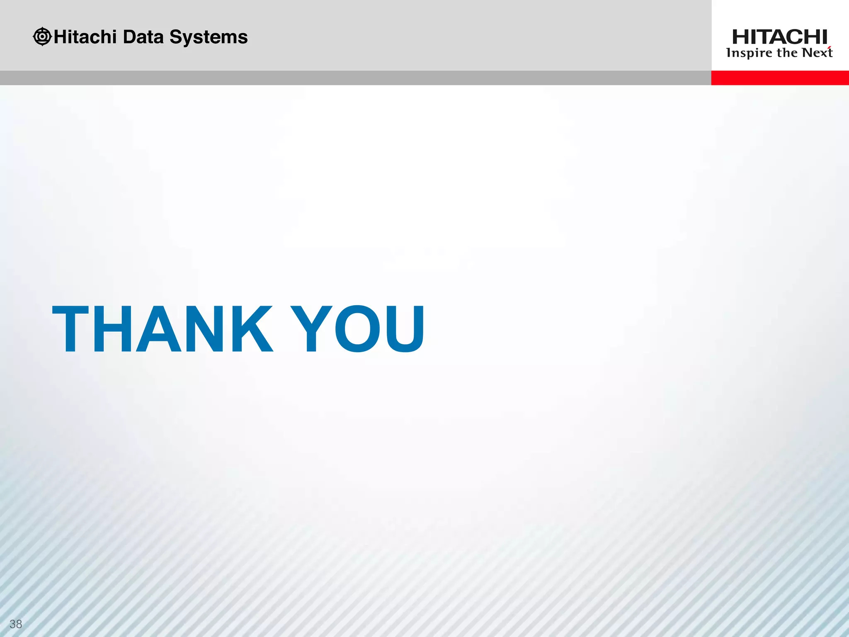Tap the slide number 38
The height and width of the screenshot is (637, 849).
(x=16, y=624)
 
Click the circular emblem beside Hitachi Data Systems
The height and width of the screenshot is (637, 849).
(x=42, y=36)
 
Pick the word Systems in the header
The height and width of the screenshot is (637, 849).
(x=209, y=37)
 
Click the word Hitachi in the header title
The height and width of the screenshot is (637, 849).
(x=85, y=37)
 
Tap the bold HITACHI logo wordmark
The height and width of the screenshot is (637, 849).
(x=779, y=37)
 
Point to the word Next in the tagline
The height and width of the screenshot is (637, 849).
(x=817, y=53)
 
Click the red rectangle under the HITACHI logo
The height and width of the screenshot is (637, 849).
(x=780, y=78)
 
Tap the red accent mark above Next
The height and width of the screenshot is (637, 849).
(x=830, y=48)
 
